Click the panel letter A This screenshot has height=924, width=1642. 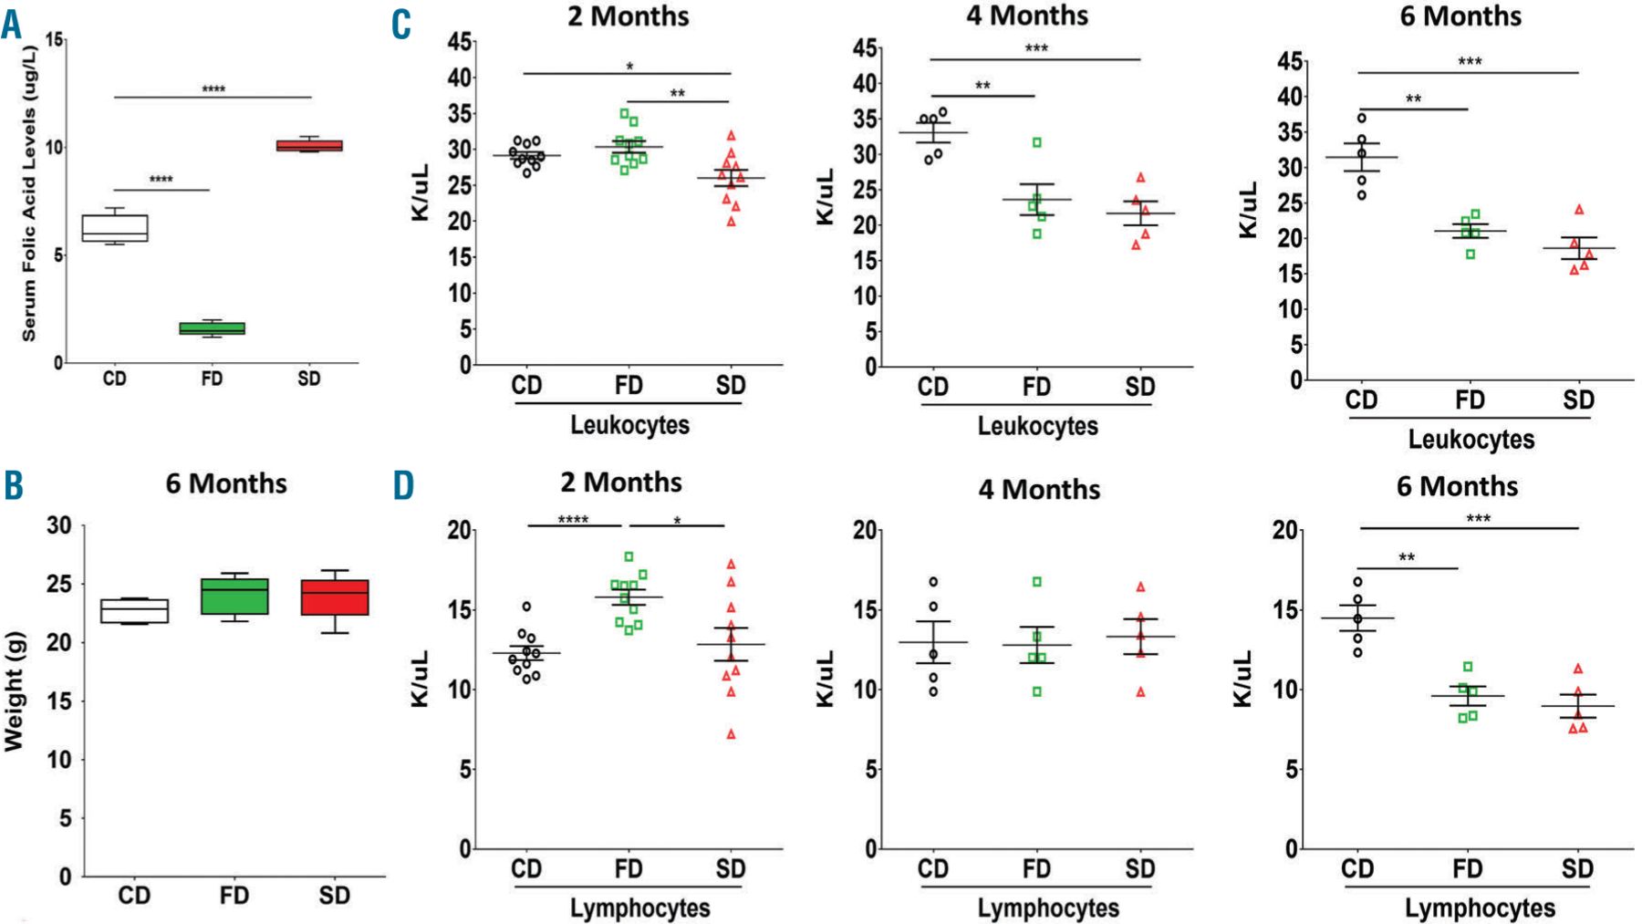[x=11, y=25]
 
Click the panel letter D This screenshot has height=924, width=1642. [x=403, y=486]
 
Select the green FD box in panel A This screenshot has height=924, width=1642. [x=212, y=328]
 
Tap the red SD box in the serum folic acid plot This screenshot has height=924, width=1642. [x=309, y=145]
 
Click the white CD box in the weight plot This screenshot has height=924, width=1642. [x=134, y=610]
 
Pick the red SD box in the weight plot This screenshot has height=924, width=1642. [x=335, y=597]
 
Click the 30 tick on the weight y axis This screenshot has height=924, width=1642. [x=59, y=525]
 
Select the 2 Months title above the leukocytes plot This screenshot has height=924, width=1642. [x=628, y=16]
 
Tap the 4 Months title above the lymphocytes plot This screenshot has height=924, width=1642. [x=1039, y=490]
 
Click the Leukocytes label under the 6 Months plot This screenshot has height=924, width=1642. [x=1471, y=440]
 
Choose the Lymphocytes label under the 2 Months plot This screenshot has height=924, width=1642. [x=639, y=908]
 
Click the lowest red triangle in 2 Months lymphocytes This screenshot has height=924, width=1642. [x=731, y=734]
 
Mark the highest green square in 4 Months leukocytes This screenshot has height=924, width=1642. [x=1037, y=142]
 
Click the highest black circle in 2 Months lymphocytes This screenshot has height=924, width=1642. [x=526, y=607]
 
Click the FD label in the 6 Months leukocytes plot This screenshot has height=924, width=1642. [x=1470, y=400]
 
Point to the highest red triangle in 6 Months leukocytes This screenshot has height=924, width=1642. [x=1579, y=210]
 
